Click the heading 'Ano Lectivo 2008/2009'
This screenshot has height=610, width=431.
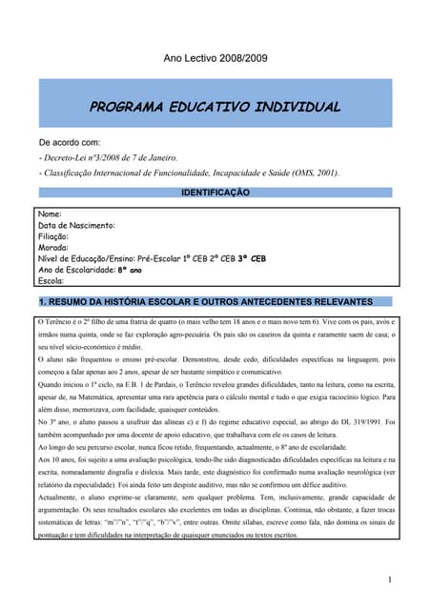[x=215, y=59]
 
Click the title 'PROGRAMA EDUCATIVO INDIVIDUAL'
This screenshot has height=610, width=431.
[x=215, y=108]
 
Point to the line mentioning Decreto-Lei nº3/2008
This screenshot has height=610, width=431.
[x=108, y=157]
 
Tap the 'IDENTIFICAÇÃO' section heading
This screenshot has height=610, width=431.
[x=215, y=193]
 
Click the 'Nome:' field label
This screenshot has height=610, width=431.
[x=49, y=215]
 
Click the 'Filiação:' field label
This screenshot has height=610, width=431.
[x=53, y=236]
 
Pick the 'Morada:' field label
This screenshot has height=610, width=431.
[x=52, y=247]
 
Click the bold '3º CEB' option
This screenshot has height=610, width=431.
[x=251, y=258]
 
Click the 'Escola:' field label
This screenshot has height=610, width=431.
[x=51, y=281]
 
